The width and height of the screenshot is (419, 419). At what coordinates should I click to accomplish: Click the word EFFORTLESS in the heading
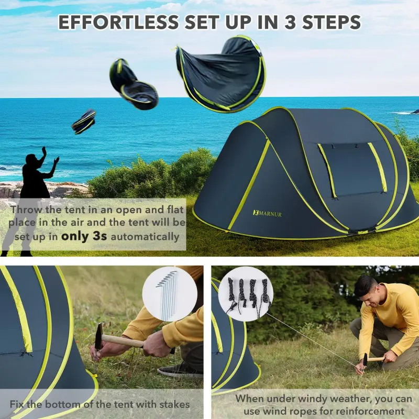(x=119, y=23)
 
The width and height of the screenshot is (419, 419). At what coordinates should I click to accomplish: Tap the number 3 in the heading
(x=290, y=23)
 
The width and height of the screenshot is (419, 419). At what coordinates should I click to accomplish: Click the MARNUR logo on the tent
(x=267, y=214)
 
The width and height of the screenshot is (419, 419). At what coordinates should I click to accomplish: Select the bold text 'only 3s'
(x=84, y=236)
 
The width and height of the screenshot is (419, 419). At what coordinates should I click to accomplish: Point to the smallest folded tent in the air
(x=84, y=122)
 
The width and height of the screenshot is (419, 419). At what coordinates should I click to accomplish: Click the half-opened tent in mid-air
(x=134, y=84)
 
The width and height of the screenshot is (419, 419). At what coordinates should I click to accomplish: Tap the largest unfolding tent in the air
(x=221, y=75)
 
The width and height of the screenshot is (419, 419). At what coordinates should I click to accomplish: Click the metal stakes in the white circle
(x=167, y=295)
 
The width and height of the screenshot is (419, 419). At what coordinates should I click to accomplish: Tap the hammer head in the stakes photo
(x=98, y=336)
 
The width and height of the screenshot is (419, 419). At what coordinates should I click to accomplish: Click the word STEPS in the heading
(x=332, y=23)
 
